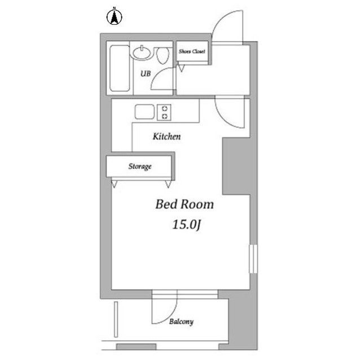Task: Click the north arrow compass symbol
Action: (114, 17)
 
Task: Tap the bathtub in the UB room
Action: (120, 68)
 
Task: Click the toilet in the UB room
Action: (163, 55)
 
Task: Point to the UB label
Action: (146, 74)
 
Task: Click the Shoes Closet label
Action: (192, 51)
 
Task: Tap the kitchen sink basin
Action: (144, 112)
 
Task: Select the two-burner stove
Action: (164, 112)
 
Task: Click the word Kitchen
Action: (167, 136)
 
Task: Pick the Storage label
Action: (140, 166)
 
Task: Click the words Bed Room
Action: (184, 204)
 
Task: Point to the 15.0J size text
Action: (187, 225)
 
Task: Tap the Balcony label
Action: (182, 321)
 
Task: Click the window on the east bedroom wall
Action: (253, 259)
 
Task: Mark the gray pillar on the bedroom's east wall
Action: (236, 166)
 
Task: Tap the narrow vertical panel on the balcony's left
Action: (116, 319)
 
